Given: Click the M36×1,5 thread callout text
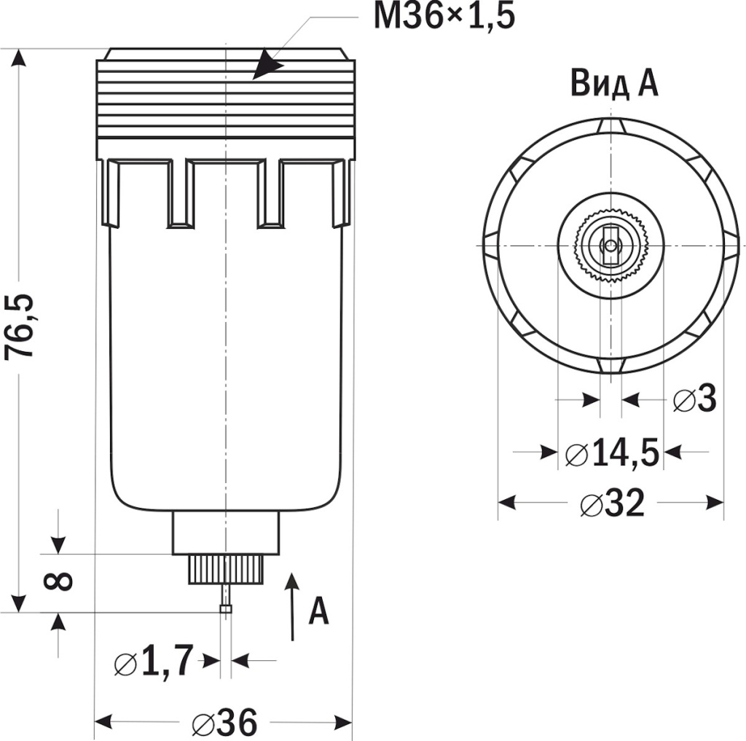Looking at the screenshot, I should (x=444, y=16).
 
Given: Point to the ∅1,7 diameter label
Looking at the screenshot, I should (x=154, y=662).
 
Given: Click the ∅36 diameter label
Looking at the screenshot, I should (x=225, y=722).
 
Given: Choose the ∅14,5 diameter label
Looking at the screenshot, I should (x=613, y=453).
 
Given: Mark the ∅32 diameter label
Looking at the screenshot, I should (x=613, y=503).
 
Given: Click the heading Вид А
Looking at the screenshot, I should (x=614, y=83).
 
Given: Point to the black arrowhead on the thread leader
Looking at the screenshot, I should (x=267, y=65).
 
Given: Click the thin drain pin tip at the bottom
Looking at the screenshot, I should (x=226, y=606).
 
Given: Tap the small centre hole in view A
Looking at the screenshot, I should (x=610, y=245).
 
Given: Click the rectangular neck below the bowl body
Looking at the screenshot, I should (x=226, y=533).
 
